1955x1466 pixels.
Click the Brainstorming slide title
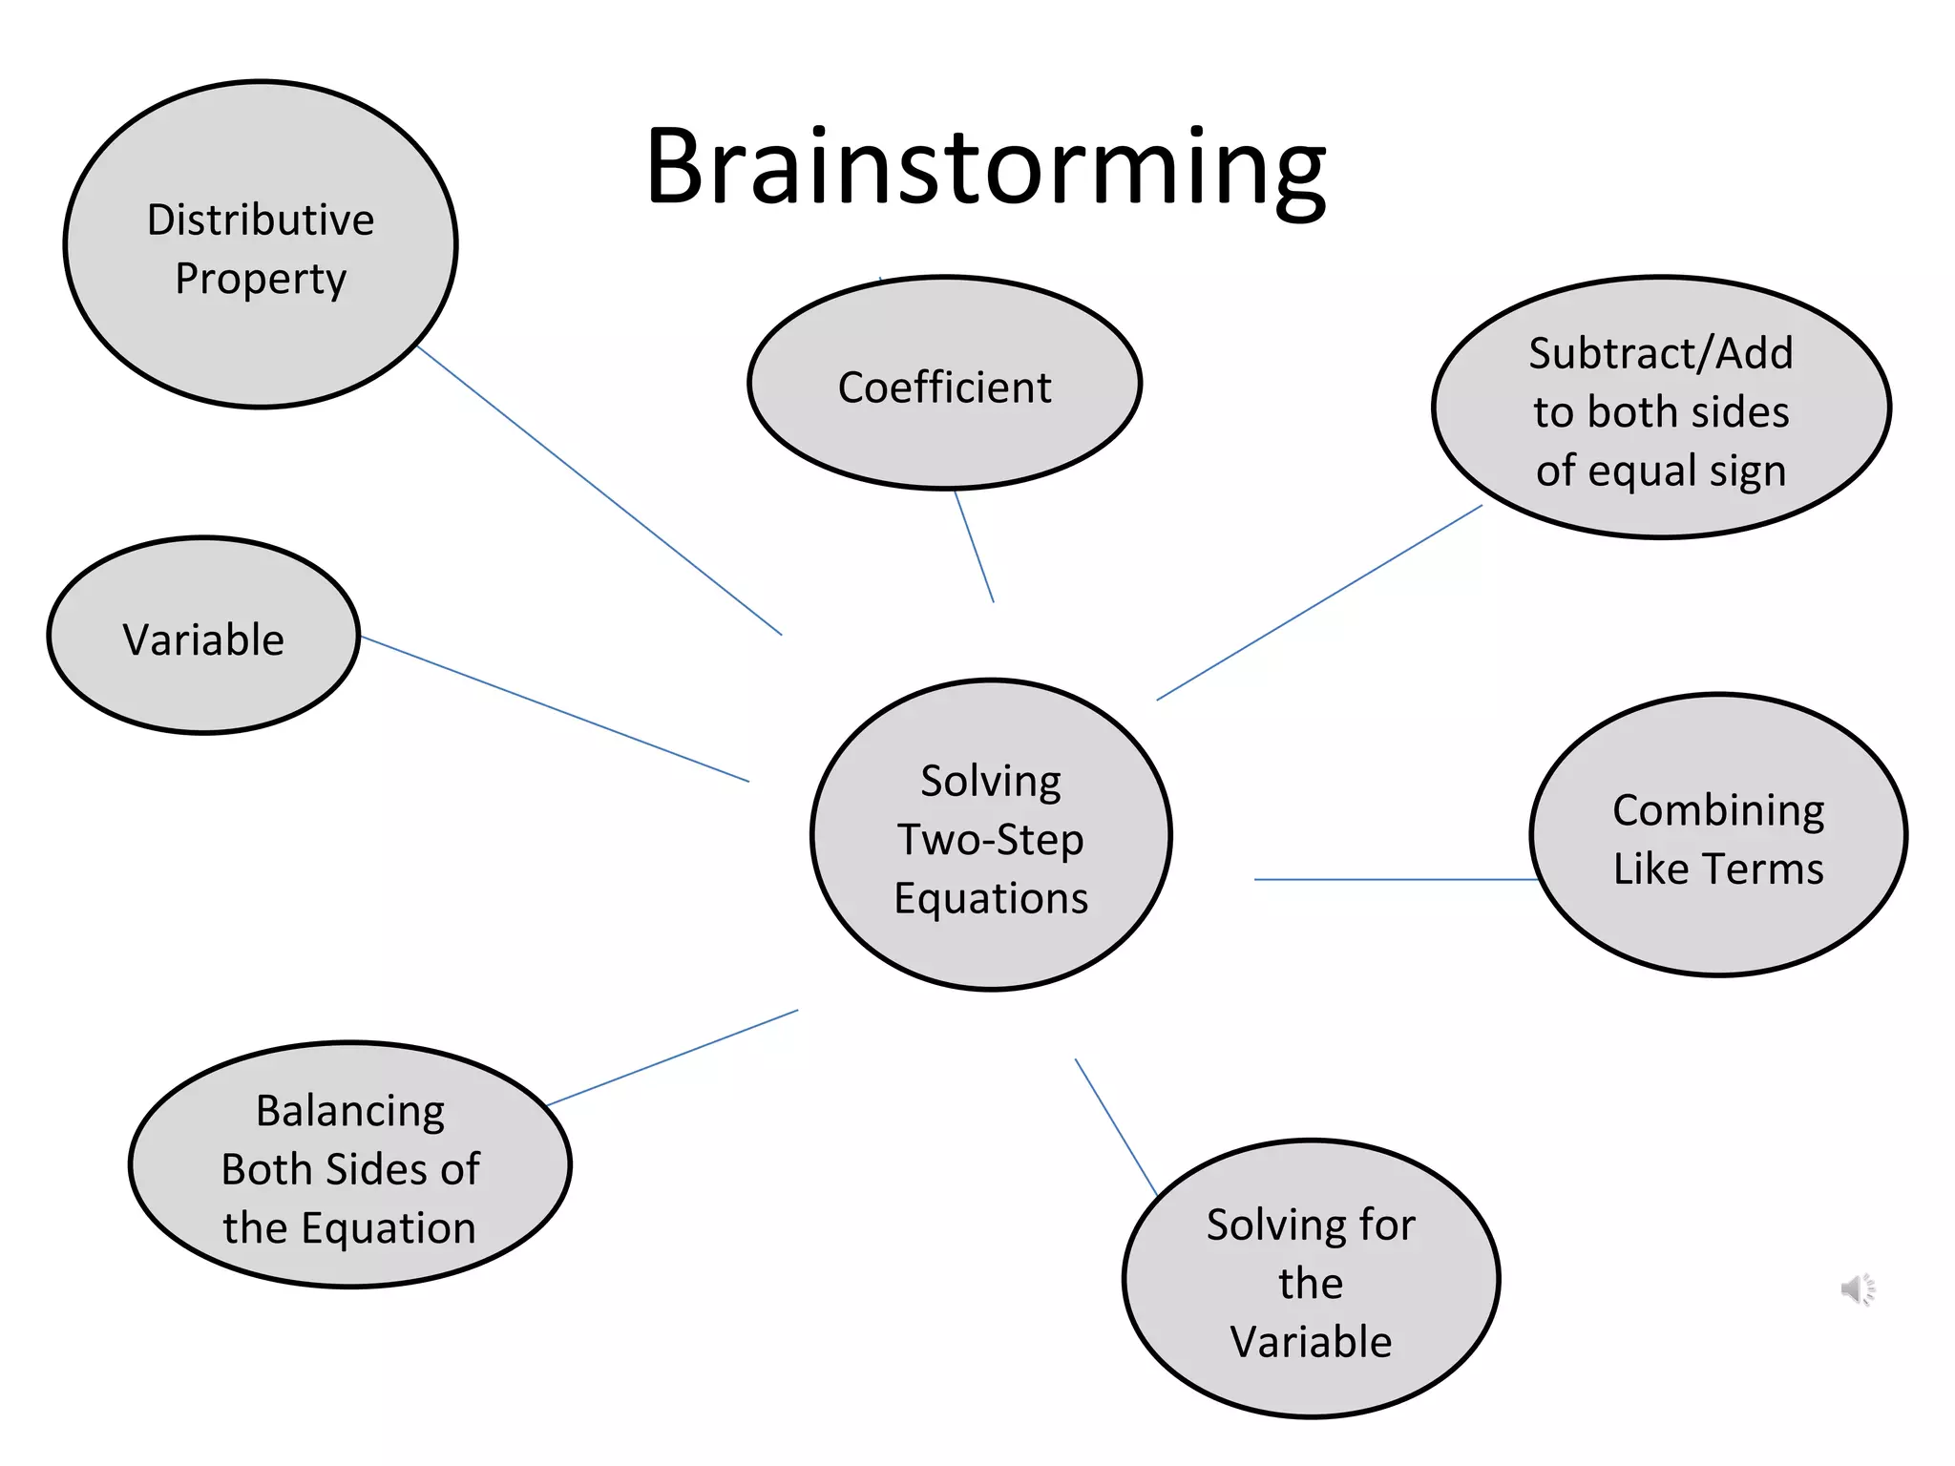tap(985, 167)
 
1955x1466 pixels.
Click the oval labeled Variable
tap(203, 637)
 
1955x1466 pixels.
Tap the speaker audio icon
tap(1858, 1289)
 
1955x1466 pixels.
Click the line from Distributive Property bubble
tap(599, 491)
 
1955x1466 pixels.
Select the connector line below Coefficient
tap(975, 546)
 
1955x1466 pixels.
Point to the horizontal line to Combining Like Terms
tap(1394, 879)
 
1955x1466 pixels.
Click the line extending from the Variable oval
tap(555, 708)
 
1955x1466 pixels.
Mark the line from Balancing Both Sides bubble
tap(673, 1058)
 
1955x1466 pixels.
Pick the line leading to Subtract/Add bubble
tap(1319, 602)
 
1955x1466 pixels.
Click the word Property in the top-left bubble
tap(261, 279)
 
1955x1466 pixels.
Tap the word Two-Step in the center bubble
tap(991, 840)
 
